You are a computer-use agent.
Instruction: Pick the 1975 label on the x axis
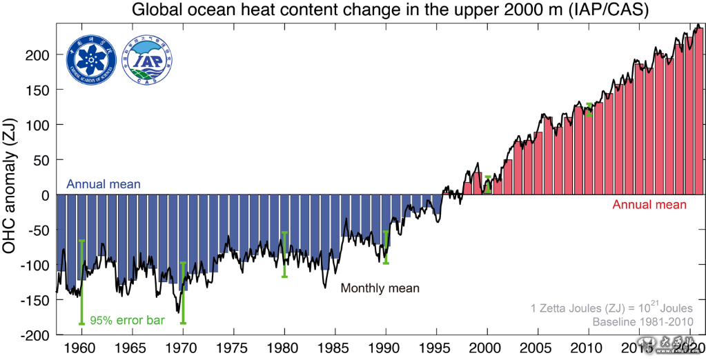tap(234, 348)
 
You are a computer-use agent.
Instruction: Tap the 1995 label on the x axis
tap(436, 348)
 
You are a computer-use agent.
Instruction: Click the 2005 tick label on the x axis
tap(538, 348)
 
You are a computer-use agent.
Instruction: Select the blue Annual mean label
tap(104, 184)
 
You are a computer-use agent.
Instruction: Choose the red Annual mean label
tap(649, 205)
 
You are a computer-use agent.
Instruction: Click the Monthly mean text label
tap(380, 288)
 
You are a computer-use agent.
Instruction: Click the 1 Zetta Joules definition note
tap(616, 307)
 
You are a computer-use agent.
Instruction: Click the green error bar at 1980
tap(284, 254)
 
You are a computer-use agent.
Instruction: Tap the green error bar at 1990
tap(386, 247)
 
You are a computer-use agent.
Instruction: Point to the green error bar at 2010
tap(589, 110)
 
